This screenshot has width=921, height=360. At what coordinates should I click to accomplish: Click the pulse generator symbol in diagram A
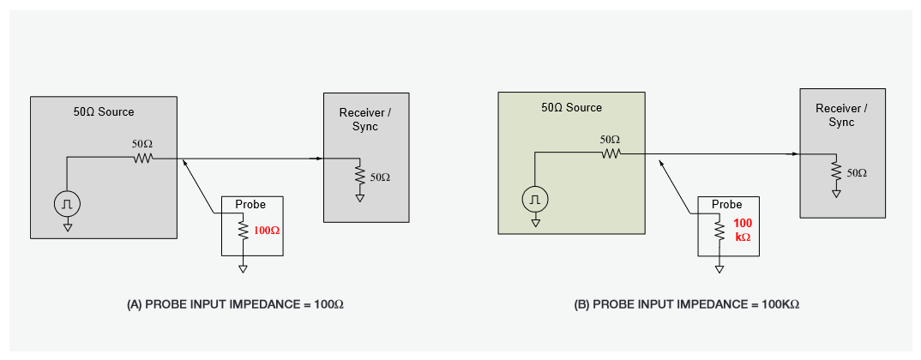point(67,203)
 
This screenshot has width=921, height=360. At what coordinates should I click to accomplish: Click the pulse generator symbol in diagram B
point(535,199)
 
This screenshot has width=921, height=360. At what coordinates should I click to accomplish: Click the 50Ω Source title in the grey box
point(104,112)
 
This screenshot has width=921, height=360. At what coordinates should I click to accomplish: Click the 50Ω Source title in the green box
point(571,108)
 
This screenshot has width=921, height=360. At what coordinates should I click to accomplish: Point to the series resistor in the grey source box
point(141,158)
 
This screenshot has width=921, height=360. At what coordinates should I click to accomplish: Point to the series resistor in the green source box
point(610,153)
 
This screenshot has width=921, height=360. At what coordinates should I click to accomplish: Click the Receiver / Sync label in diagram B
point(841,116)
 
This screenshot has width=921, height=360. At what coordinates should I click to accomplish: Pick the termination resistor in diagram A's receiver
point(359,176)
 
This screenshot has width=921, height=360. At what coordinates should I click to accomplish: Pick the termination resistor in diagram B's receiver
point(834,172)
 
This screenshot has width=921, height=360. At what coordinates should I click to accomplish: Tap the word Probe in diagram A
point(250,205)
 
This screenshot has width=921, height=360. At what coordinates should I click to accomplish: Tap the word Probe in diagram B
point(726,205)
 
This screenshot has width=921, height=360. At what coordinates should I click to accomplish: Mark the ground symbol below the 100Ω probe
point(243,268)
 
